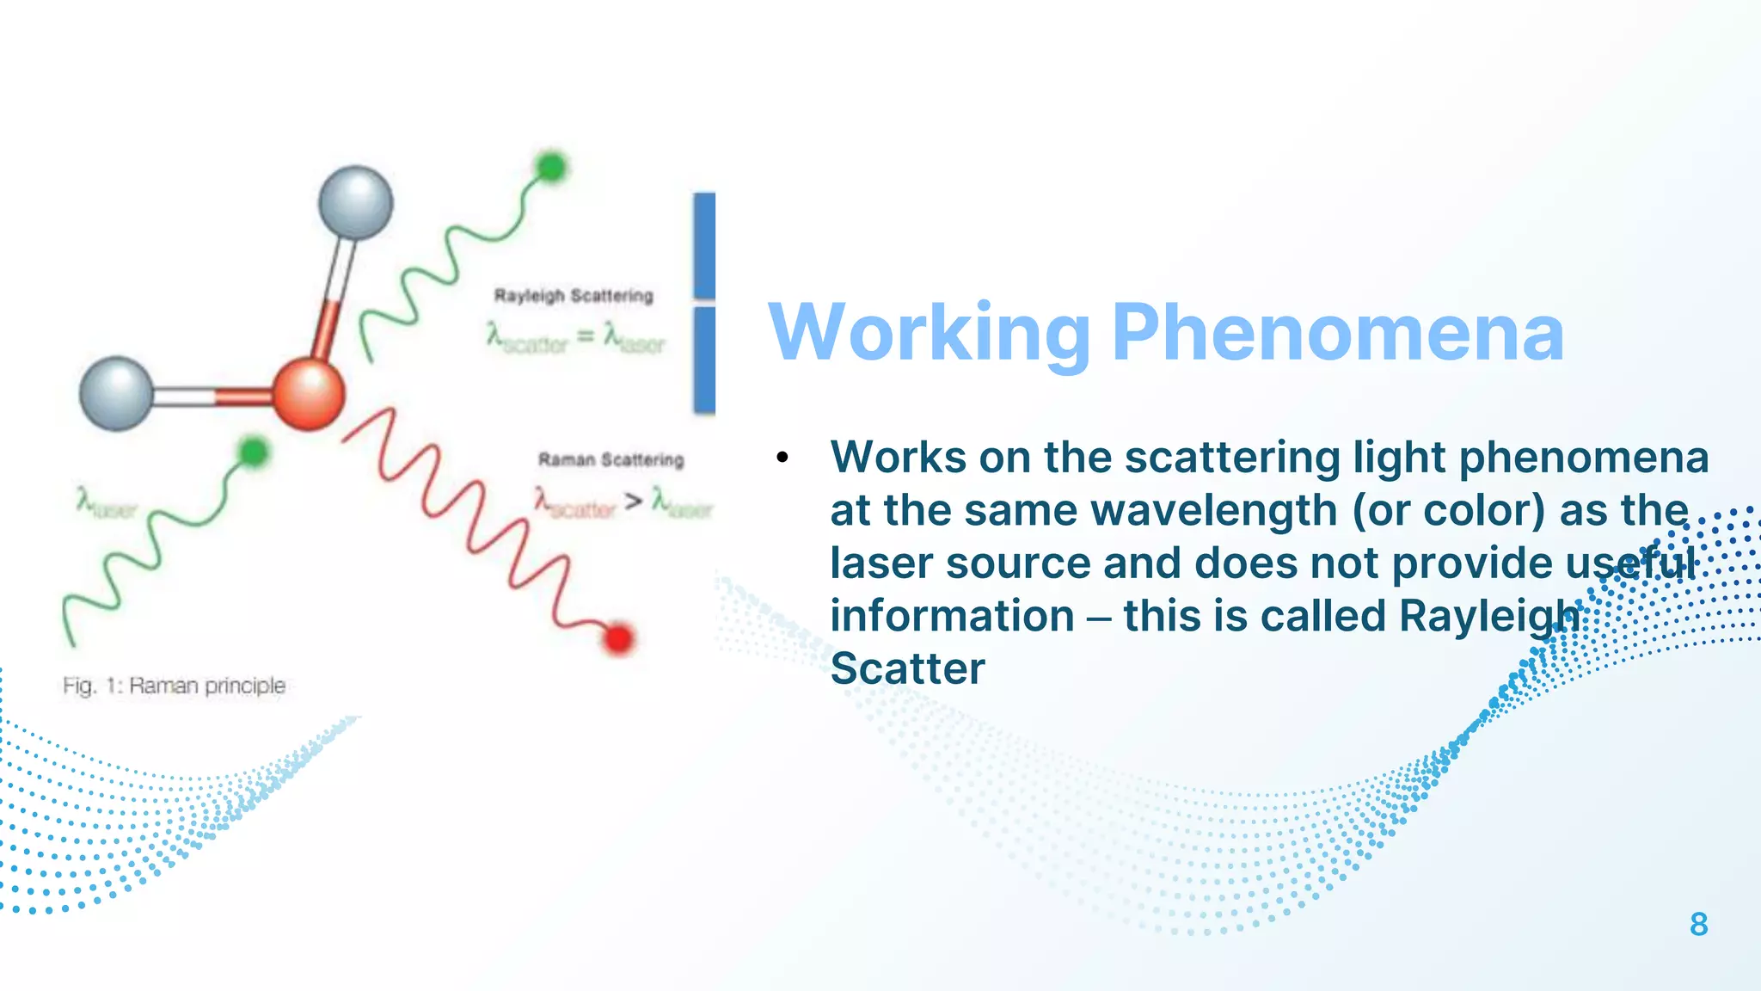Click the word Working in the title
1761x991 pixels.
(x=929, y=334)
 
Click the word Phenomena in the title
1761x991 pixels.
(x=1337, y=334)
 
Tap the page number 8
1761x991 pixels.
(x=1698, y=925)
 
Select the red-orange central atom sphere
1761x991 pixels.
(x=309, y=394)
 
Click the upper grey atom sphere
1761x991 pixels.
(x=355, y=203)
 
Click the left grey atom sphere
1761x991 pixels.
(x=116, y=393)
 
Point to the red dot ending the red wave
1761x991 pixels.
(x=618, y=638)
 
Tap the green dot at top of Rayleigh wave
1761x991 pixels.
(x=550, y=166)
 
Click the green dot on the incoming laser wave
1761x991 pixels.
(x=253, y=452)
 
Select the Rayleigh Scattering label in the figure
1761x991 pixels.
(x=574, y=296)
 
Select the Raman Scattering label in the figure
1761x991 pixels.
(x=611, y=460)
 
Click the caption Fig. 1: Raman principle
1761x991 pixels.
(x=174, y=686)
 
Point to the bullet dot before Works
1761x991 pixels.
(x=782, y=458)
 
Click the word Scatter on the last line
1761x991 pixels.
(x=907, y=669)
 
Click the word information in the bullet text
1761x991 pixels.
(x=952, y=616)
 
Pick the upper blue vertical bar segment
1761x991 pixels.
(x=704, y=245)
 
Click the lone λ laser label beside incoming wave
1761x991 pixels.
(x=105, y=503)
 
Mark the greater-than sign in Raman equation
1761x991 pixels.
(x=634, y=501)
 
